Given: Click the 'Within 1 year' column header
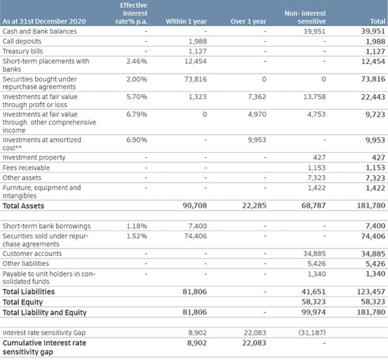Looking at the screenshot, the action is click(186, 22).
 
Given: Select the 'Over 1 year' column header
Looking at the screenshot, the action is click(248, 22).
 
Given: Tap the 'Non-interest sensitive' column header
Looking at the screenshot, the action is click(305, 18).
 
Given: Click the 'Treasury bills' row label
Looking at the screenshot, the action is click(23, 52).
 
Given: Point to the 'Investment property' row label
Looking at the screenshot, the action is click(34, 158).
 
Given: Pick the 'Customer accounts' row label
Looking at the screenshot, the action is click(32, 254).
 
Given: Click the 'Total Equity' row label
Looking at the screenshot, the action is click(23, 302).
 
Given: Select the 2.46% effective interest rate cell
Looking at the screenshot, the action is click(136, 61).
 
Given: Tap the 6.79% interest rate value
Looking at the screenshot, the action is click(136, 114).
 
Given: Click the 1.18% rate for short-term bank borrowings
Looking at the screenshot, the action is click(136, 226).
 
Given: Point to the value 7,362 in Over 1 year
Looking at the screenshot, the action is click(257, 97).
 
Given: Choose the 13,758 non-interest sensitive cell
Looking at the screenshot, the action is click(314, 97).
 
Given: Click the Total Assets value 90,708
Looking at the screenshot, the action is click(195, 205).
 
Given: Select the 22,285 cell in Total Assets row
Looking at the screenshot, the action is click(254, 205).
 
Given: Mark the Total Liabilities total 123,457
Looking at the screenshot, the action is click(371, 292).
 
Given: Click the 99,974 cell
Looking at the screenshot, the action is click(314, 312).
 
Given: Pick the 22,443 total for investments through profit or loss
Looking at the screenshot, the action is click(373, 97).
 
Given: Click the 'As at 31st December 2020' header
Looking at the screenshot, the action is click(44, 22).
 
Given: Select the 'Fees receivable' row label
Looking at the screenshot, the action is click(26, 168).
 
